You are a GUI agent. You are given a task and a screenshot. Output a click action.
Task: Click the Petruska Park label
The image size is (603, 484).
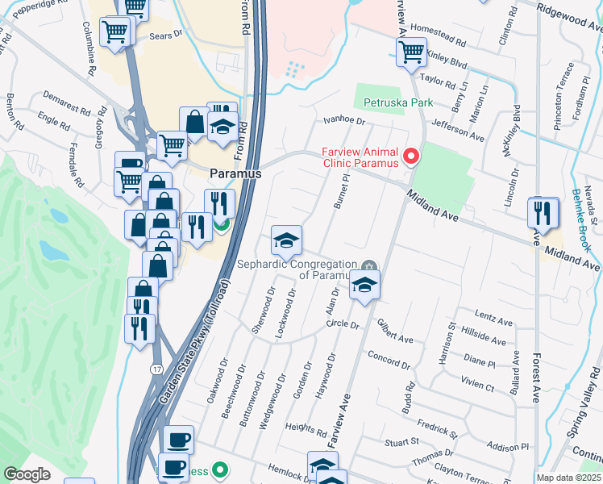tap(398, 102)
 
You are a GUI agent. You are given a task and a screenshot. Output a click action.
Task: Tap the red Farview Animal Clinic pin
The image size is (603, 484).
tap(412, 156)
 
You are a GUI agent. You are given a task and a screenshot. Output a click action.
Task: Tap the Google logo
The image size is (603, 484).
tap(27, 474)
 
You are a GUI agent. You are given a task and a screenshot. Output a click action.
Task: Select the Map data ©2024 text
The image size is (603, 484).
tap(569, 478)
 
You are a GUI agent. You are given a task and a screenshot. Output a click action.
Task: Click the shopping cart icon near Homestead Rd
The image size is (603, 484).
tap(412, 52)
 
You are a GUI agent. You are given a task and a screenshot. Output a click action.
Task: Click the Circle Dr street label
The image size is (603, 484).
tap(342, 324)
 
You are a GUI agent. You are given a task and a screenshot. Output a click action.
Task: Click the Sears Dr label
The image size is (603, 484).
tap(167, 35)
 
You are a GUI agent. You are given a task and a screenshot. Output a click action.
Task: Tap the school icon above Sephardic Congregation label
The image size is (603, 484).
tap(286, 240)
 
